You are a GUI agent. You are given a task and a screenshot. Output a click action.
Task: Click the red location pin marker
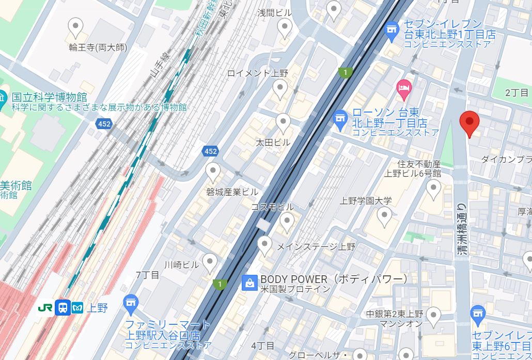(x=470, y=123)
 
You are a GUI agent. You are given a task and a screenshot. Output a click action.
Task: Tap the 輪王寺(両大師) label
(x=98, y=48)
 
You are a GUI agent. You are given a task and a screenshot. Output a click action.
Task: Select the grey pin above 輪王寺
(x=76, y=27)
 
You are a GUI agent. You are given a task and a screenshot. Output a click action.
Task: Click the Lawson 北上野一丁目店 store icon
(x=339, y=119)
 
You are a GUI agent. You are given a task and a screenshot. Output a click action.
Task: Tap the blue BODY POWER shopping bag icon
(x=249, y=282)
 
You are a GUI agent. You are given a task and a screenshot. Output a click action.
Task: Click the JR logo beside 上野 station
(x=45, y=308)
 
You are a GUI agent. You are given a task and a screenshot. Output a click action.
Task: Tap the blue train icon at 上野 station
(x=63, y=308)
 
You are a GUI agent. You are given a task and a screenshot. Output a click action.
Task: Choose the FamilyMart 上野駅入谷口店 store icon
(x=131, y=302)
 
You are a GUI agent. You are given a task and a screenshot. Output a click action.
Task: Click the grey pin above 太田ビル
(x=283, y=122)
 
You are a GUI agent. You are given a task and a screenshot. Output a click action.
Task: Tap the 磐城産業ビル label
(x=232, y=192)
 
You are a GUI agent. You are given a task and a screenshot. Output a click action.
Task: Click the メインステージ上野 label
(x=316, y=247)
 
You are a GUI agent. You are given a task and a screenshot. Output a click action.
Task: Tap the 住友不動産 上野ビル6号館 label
(x=412, y=168)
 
